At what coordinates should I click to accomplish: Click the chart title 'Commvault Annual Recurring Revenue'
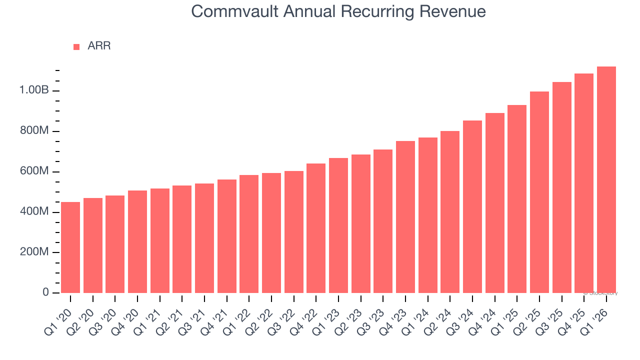click(338, 11)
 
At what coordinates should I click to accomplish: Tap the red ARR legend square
click(76, 46)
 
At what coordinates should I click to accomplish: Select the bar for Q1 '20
click(70, 247)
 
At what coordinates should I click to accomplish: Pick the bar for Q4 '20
click(137, 241)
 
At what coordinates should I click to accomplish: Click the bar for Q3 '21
click(204, 238)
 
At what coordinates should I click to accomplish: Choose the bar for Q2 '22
click(271, 233)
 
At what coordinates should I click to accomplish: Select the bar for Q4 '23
click(405, 217)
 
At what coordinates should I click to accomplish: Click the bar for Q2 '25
click(539, 192)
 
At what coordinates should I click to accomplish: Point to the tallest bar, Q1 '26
click(606, 179)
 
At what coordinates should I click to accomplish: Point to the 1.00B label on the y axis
click(34, 90)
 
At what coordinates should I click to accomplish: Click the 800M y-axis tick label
click(34, 131)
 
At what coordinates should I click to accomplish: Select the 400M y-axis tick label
click(34, 212)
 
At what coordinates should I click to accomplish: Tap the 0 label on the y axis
click(45, 292)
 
